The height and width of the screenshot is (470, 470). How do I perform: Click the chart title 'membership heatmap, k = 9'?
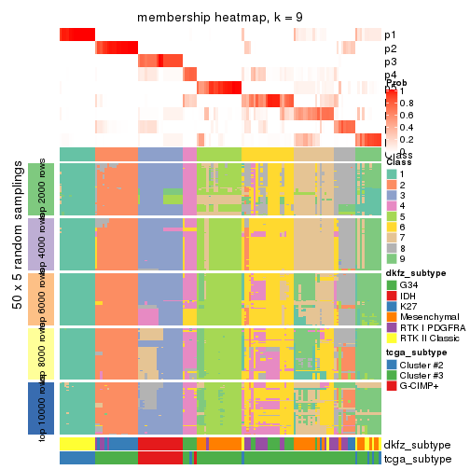220,18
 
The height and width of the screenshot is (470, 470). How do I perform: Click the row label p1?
391,35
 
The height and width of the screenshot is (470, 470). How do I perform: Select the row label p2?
391,48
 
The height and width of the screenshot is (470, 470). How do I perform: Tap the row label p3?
391,62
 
